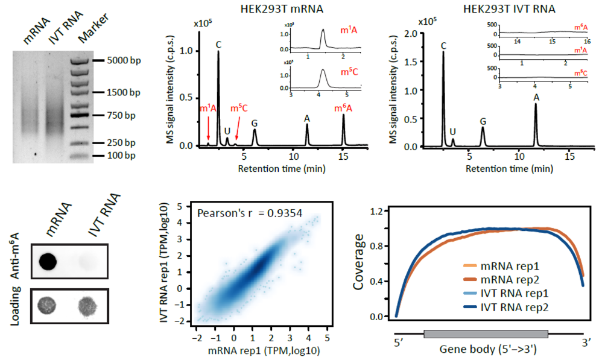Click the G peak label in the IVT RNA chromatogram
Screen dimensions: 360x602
click(483, 121)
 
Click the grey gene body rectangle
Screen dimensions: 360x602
click(486, 333)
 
